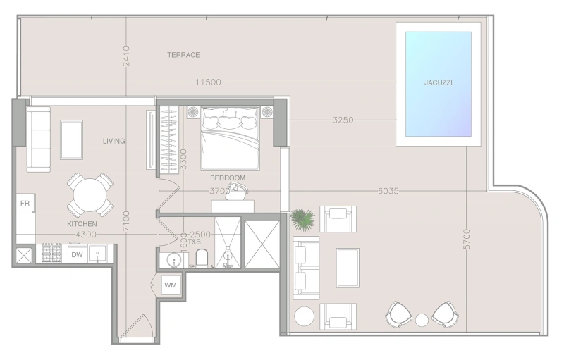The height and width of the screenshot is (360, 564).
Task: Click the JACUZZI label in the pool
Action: [438, 82]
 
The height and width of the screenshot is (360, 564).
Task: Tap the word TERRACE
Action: [183, 55]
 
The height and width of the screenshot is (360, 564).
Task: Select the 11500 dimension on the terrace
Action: [208, 82]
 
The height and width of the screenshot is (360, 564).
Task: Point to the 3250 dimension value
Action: [343, 120]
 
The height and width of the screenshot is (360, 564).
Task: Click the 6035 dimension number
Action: [388, 191]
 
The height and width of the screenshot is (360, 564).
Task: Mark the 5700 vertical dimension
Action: [467, 239]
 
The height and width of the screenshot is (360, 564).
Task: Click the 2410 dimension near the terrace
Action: [126, 56]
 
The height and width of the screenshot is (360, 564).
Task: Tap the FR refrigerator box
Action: [25, 204]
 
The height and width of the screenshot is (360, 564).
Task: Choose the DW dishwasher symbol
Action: [78, 255]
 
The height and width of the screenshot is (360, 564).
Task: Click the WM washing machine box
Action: [171, 285]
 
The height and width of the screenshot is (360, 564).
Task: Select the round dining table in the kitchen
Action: [90, 195]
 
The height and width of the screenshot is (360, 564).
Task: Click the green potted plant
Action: [302, 219]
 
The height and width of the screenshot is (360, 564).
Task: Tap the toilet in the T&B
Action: [202, 258]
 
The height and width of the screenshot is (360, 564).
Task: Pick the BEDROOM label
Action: [228, 178]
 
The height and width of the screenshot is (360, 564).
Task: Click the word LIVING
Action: [114, 141]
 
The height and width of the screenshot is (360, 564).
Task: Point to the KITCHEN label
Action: [82, 224]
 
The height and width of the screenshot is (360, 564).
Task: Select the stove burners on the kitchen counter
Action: [52, 253]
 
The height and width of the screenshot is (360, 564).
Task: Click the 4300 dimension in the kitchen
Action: [86, 235]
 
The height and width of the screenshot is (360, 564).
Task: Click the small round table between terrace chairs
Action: [422, 320]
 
